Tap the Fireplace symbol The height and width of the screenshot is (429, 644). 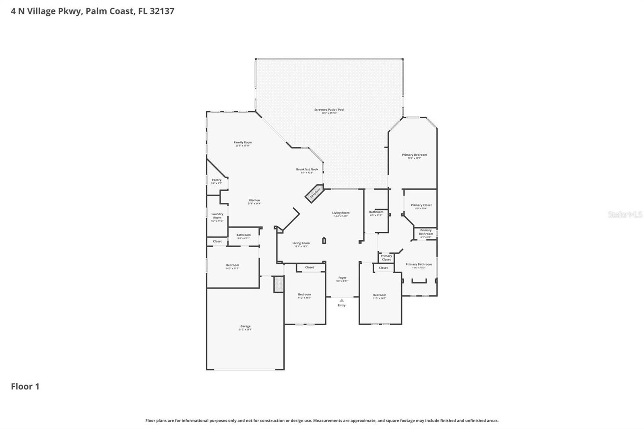(315, 193)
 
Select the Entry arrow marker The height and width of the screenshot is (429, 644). (341, 300)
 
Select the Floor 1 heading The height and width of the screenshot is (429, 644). (25, 386)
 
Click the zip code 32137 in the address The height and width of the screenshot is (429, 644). (162, 11)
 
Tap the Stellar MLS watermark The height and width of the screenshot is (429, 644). (625, 214)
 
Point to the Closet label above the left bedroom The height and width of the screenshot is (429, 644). (217, 241)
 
